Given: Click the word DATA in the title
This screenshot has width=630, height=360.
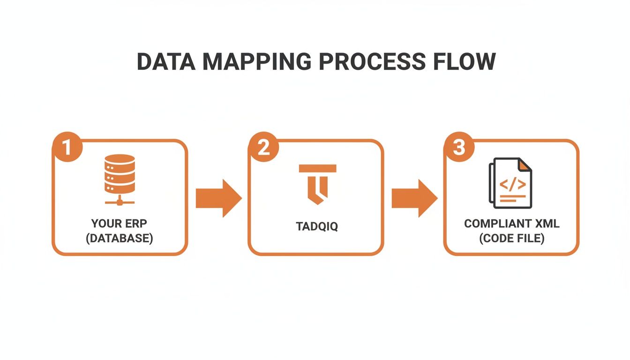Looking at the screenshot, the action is [x=166, y=61].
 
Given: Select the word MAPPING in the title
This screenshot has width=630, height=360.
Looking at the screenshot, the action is [x=257, y=61].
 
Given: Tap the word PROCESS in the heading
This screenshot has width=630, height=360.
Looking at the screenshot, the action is [x=372, y=61].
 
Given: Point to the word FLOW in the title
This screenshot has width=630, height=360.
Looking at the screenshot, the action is [x=465, y=61].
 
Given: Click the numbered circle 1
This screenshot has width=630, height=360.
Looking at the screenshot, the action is [x=67, y=147].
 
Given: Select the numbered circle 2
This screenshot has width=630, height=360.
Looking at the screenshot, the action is [x=263, y=147].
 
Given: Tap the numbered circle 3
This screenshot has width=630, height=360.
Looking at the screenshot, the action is [x=459, y=147].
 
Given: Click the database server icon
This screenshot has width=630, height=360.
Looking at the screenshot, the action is [x=120, y=180].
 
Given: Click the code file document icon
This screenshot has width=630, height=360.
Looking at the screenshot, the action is [x=510, y=183].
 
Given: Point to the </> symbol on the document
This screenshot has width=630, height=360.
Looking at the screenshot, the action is [x=512, y=185].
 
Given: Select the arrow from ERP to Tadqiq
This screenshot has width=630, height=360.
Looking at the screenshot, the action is [x=219, y=198].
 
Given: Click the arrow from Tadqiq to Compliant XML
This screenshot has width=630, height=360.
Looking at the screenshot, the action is [x=414, y=198].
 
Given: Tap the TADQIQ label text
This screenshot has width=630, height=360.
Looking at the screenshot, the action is [x=317, y=226].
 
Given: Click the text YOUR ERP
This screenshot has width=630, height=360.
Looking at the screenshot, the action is [x=119, y=224].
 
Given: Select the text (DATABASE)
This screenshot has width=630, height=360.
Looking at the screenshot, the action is [x=119, y=238].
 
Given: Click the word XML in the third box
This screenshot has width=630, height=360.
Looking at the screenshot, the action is [x=547, y=224].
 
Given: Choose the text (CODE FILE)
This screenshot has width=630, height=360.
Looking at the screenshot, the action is [x=512, y=238].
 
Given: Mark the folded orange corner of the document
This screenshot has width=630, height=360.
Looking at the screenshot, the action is [x=525, y=165].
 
